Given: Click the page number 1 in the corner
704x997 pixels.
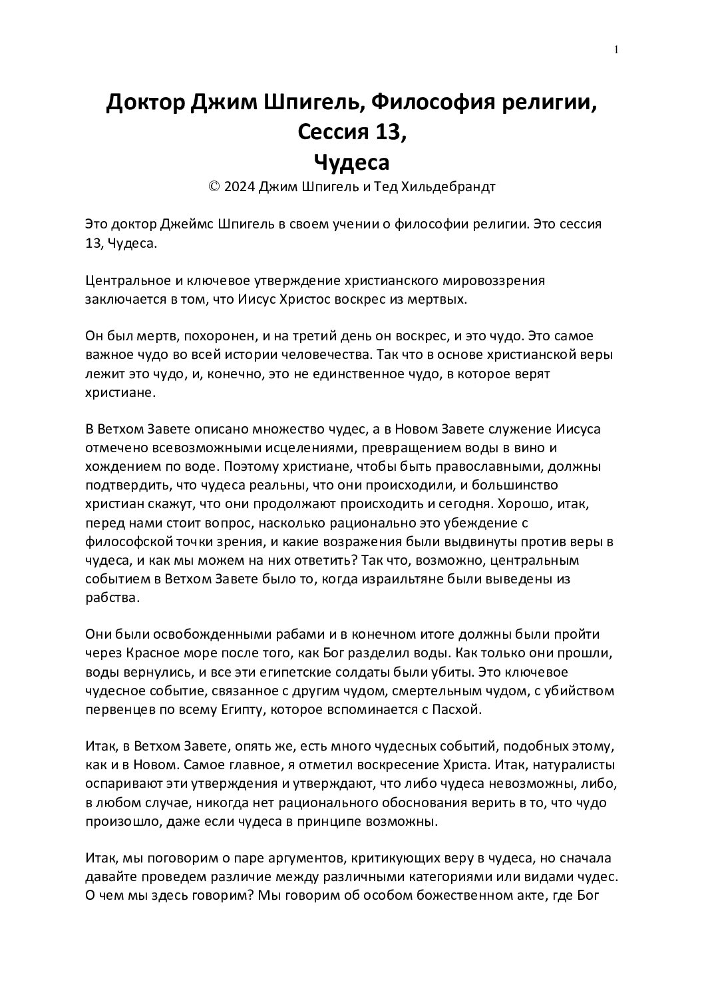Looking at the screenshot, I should click(x=617, y=49).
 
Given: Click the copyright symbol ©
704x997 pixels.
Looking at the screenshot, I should click(x=214, y=187).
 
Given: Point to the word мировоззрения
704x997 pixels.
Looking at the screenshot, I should click(x=495, y=280).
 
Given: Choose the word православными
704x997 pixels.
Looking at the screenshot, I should click(x=489, y=466).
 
